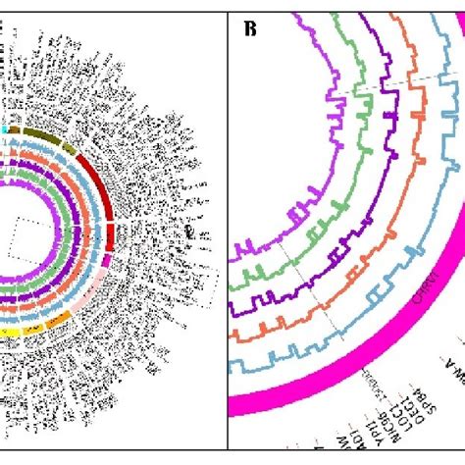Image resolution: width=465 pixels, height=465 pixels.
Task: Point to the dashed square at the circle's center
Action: pos(27,235)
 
